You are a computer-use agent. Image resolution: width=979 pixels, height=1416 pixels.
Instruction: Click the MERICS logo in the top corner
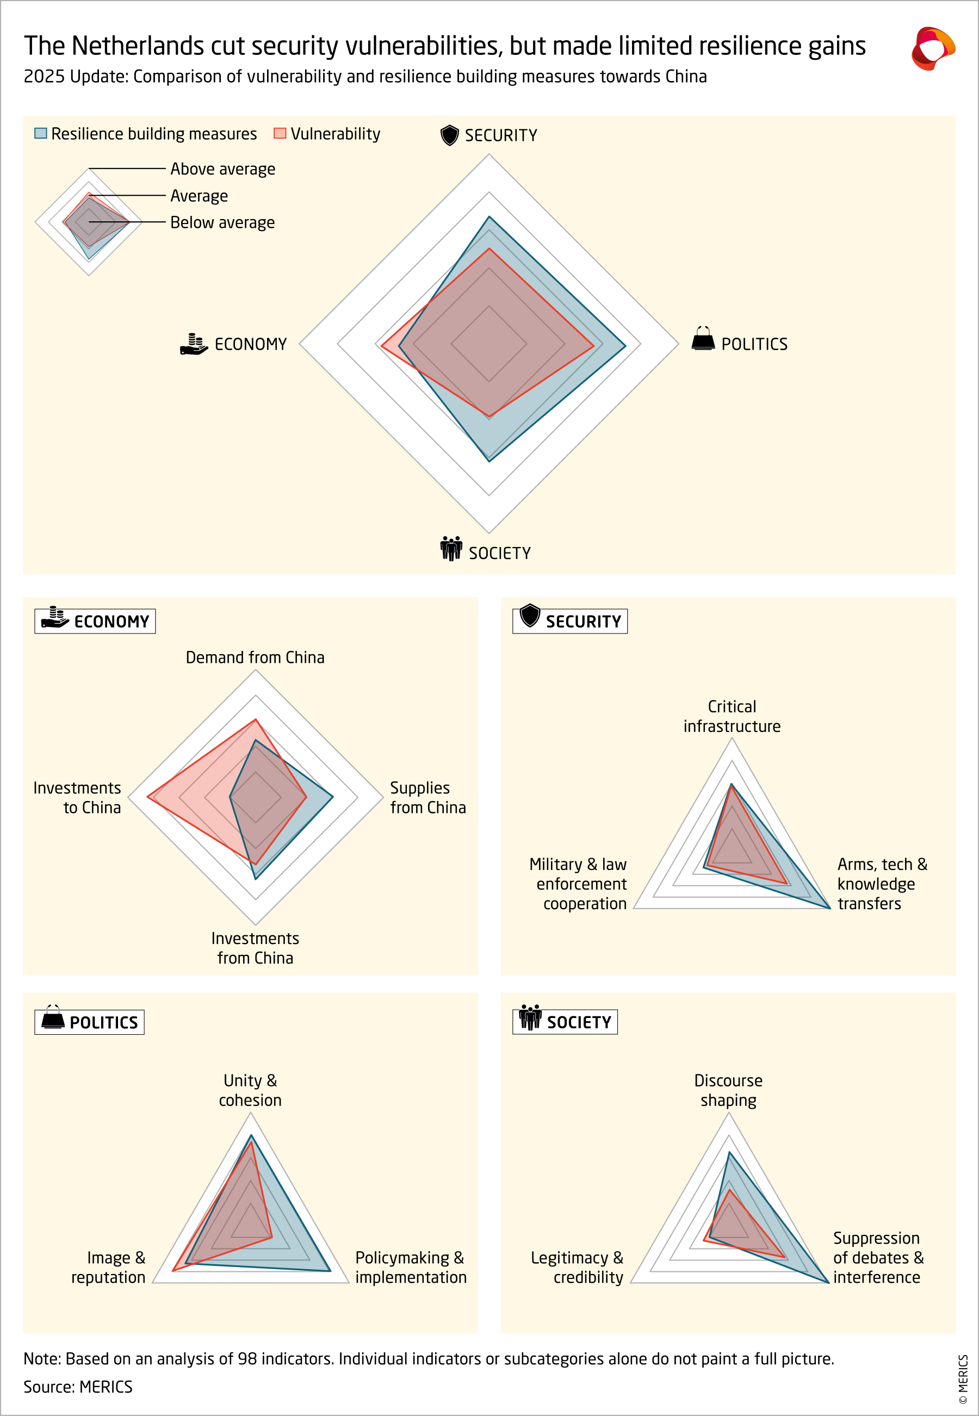pyautogui.click(x=932, y=48)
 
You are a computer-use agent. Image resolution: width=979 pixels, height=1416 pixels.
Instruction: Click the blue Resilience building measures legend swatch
pyautogui.click(x=40, y=134)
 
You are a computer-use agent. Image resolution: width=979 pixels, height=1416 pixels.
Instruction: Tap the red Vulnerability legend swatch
pyautogui.click(x=280, y=134)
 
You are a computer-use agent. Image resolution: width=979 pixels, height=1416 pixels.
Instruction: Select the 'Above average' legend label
pyautogui.click(x=222, y=169)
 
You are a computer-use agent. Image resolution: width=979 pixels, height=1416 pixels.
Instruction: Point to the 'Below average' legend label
pyautogui.click(x=222, y=222)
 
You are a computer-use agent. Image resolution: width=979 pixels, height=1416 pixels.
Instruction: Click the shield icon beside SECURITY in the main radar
pyautogui.click(x=450, y=135)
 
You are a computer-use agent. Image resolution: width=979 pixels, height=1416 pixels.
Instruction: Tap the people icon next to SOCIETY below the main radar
pyautogui.click(x=451, y=549)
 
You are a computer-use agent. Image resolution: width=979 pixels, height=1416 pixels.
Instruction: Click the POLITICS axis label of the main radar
pyautogui.click(x=754, y=345)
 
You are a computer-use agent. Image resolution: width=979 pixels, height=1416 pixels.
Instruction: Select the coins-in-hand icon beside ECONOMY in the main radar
pyautogui.click(x=194, y=344)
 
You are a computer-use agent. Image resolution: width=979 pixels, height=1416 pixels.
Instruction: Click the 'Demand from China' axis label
pyautogui.click(x=255, y=657)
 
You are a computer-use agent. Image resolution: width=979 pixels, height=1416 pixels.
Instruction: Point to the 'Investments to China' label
pyautogui.click(x=77, y=797)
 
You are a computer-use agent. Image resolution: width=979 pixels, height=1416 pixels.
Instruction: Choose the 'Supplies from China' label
pyautogui.click(x=427, y=797)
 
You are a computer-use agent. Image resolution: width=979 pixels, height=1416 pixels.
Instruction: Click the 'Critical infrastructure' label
pyautogui.click(x=732, y=716)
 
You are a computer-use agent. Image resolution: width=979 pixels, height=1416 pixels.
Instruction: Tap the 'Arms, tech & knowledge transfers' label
pyautogui.click(x=882, y=884)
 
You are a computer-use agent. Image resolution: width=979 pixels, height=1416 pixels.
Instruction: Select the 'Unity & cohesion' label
pyautogui.click(x=250, y=1090)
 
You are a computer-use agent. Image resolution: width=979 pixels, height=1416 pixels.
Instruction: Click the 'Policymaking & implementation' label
pyautogui.click(x=411, y=1267)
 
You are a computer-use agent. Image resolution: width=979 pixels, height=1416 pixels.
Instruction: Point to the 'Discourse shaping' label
pyautogui.click(x=728, y=1090)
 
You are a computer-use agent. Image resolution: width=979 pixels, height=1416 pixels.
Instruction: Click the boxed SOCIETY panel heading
pyautogui.click(x=565, y=1022)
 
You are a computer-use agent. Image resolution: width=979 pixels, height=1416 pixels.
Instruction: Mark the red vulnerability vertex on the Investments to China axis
pyautogui.click(x=148, y=797)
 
